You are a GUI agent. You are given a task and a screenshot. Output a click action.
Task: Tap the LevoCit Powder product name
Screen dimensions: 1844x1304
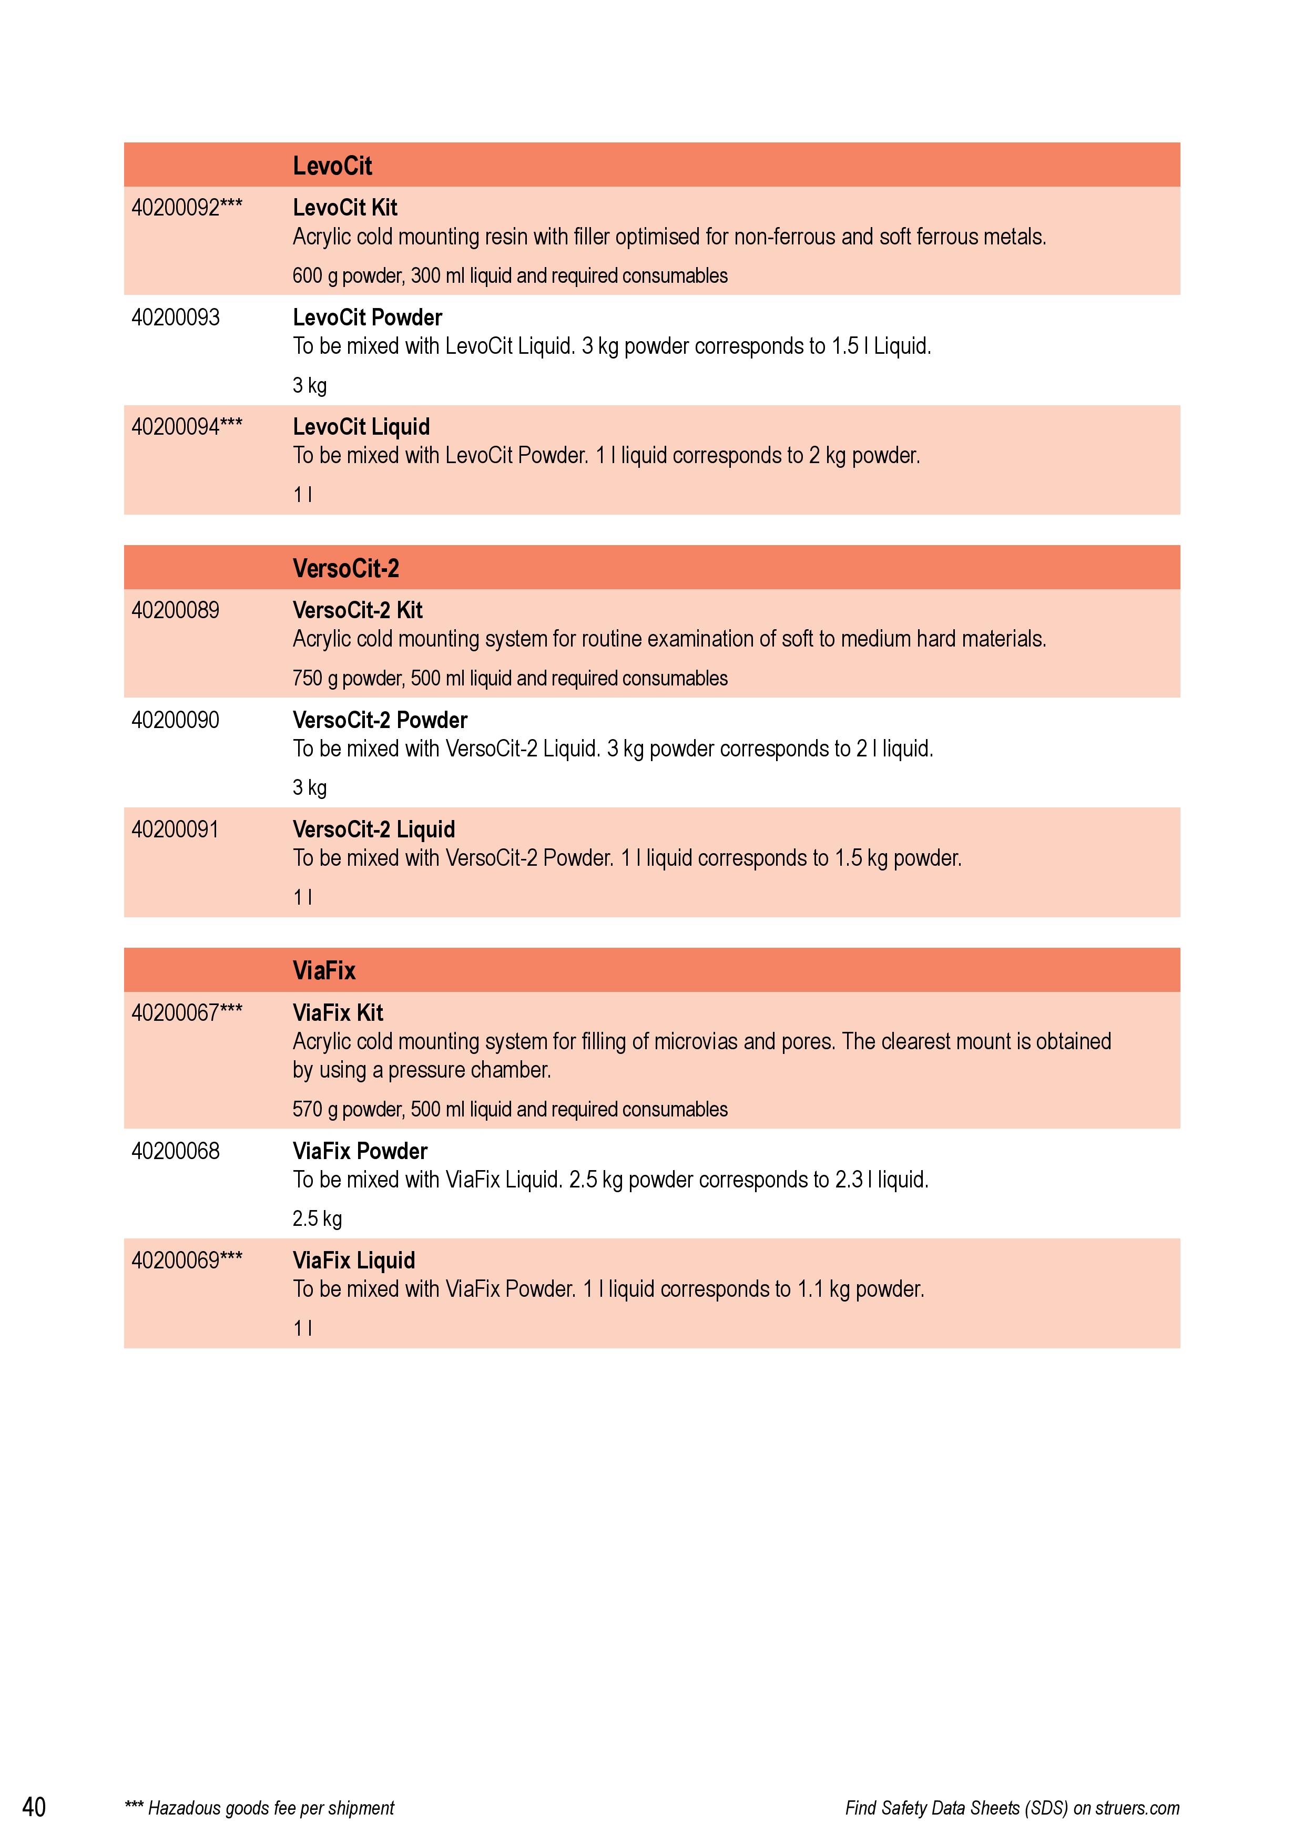(x=367, y=317)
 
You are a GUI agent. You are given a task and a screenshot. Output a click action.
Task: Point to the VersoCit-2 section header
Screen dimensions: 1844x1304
(x=345, y=569)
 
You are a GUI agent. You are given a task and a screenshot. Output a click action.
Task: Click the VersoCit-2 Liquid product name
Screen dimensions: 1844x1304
(x=374, y=829)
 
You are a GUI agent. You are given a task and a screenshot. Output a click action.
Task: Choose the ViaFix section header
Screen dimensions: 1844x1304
(x=324, y=970)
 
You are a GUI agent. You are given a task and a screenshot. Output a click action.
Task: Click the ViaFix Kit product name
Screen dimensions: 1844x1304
(x=338, y=1013)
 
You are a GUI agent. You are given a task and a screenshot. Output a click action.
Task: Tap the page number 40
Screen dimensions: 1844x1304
(x=34, y=1807)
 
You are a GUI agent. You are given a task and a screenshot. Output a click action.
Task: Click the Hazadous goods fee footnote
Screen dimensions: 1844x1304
(x=260, y=1808)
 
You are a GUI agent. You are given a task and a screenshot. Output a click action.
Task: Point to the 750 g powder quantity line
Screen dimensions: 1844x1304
(x=510, y=678)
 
